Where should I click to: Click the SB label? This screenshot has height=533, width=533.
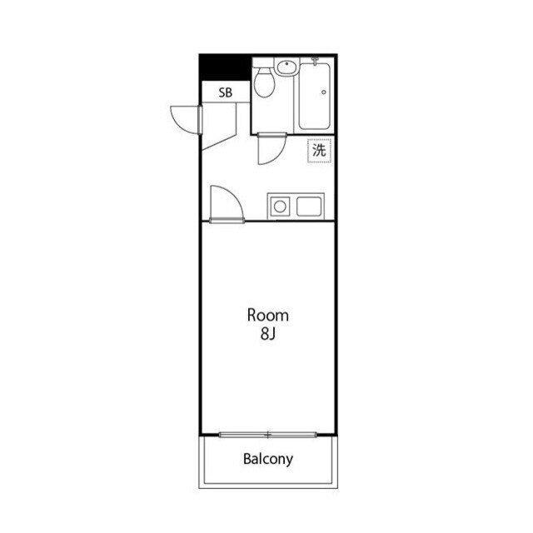click(226, 92)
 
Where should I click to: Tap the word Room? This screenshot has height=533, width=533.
click(268, 316)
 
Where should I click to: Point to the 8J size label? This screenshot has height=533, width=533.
click(268, 334)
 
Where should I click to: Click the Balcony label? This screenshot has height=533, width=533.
click(268, 459)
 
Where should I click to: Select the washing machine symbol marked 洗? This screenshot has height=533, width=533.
click(319, 150)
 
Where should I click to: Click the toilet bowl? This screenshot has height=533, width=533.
click(265, 82)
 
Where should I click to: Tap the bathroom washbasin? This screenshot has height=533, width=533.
click(286, 67)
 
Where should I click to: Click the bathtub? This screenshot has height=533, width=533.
click(315, 97)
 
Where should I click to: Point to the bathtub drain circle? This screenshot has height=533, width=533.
click(324, 92)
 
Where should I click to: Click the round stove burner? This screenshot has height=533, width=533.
click(280, 207)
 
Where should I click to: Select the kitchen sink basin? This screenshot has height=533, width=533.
click(309, 207)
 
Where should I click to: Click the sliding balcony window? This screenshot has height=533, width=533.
click(268, 435)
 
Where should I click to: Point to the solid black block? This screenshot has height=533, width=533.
click(224, 68)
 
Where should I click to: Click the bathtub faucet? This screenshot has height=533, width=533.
click(315, 61)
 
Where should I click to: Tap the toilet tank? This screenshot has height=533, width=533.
click(263, 62)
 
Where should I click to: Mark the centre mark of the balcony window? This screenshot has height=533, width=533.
click(268, 435)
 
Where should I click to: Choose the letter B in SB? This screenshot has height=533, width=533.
click(229, 92)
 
